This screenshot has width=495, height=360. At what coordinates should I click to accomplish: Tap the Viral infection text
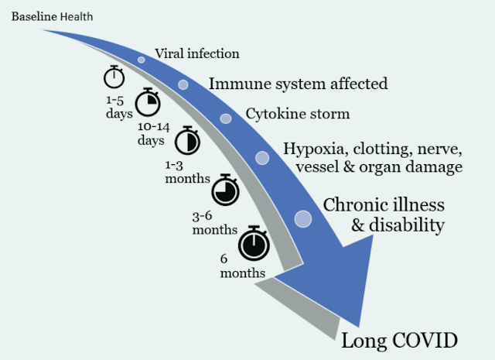[197, 54]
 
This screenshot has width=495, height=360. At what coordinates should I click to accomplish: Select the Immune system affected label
[298, 83]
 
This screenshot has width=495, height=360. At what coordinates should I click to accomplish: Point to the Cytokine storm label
[298, 115]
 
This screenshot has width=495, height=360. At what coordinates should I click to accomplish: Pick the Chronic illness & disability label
[384, 215]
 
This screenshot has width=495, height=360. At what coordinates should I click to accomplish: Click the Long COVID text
[400, 340]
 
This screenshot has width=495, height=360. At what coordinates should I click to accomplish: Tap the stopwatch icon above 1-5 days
[114, 76]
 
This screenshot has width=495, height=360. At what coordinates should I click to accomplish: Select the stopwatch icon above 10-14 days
[148, 101]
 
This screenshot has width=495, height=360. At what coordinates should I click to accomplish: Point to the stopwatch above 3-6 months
[224, 190]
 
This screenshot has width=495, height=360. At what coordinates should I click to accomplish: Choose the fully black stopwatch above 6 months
[253, 244]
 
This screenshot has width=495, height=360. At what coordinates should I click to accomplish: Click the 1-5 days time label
[114, 106]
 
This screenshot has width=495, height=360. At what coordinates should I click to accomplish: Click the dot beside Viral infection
[141, 60]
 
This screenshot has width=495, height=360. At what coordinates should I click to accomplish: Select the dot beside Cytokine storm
[226, 118]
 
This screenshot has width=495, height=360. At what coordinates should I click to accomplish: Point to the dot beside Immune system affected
[183, 84]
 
